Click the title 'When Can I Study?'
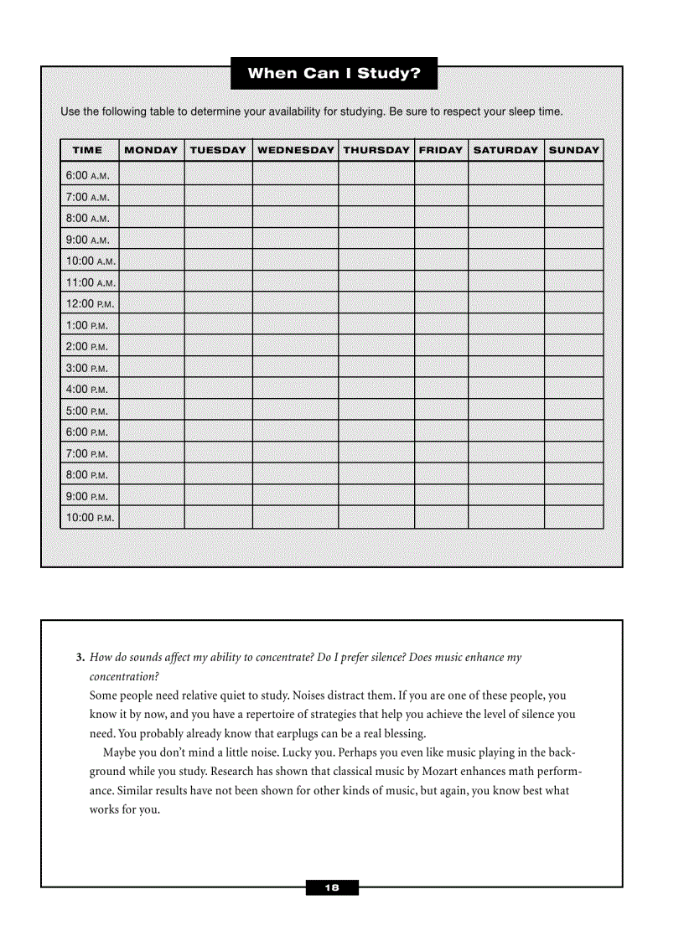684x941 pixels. click(x=334, y=73)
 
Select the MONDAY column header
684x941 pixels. click(x=151, y=150)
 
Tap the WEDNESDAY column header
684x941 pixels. click(x=295, y=150)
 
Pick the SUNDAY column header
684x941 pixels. click(x=574, y=150)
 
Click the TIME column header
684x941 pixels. click(x=88, y=150)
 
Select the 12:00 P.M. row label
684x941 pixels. click(x=90, y=303)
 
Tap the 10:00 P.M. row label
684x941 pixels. click(x=90, y=517)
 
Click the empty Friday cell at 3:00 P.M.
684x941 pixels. click(x=441, y=367)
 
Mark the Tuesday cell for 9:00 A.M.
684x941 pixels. click(x=218, y=239)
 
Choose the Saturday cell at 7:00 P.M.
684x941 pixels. click(x=505, y=452)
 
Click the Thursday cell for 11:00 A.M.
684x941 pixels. click(x=376, y=282)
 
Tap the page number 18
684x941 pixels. click(x=332, y=888)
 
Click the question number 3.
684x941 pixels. click(x=80, y=658)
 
